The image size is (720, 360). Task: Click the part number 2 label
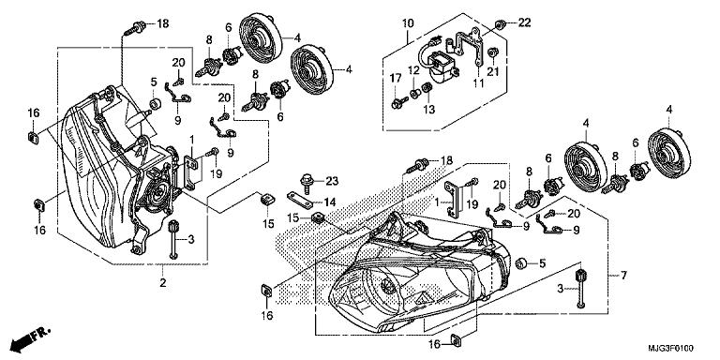(x=162, y=283)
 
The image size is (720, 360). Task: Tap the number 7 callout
(x=623, y=276)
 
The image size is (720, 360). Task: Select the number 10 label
(x=408, y=22)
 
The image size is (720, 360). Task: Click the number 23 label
(x=332, y=181)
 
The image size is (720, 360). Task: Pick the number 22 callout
(x=525, y=22)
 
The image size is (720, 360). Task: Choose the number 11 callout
(x=478, y=84)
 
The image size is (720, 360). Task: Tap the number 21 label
(x=493, y=71)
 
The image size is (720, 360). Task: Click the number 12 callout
(x=413, y=70)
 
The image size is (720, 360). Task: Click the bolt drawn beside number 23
(x=307, y=182)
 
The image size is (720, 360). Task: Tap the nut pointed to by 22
(x=501, y=23)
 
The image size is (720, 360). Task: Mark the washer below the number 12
(x=414, y=94)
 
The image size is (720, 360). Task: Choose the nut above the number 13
(x=427, y=86)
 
